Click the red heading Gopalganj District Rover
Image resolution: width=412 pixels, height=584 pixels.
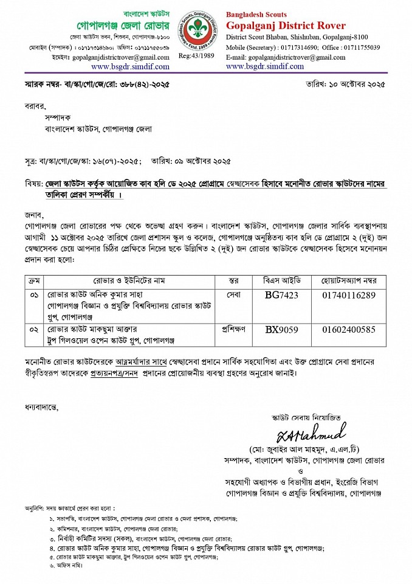point(286,26)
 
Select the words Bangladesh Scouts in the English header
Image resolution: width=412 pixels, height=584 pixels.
point(256,15)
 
